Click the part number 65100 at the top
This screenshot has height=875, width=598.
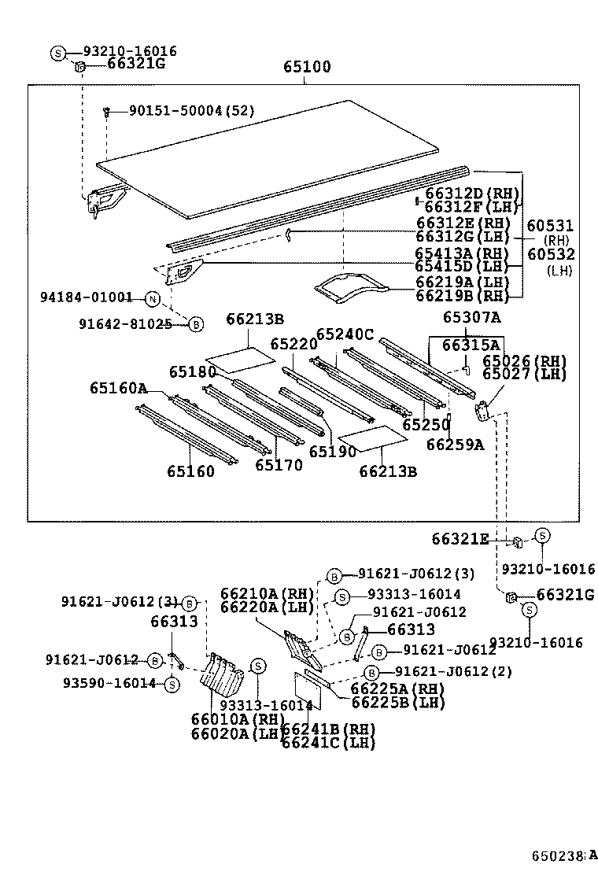(307, 68)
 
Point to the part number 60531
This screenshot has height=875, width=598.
(550, 226)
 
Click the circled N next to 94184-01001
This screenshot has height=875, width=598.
(152, 298)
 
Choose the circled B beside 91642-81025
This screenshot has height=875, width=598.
(195, 323)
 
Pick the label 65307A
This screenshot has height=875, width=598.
(471, 317)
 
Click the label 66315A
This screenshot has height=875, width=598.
(471, 345)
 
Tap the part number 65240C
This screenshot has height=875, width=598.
(345, 334)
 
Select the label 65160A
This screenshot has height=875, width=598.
(118, 388)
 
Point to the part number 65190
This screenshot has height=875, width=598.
(333, 452)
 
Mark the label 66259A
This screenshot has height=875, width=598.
(456, 445)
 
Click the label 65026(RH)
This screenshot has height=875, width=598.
(524, 360)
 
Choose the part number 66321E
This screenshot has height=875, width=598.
(460, 539)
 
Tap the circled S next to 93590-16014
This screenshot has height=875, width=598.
(171, 685)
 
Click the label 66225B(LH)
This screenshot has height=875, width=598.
(386, 703)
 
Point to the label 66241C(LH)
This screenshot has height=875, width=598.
(328, 742)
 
